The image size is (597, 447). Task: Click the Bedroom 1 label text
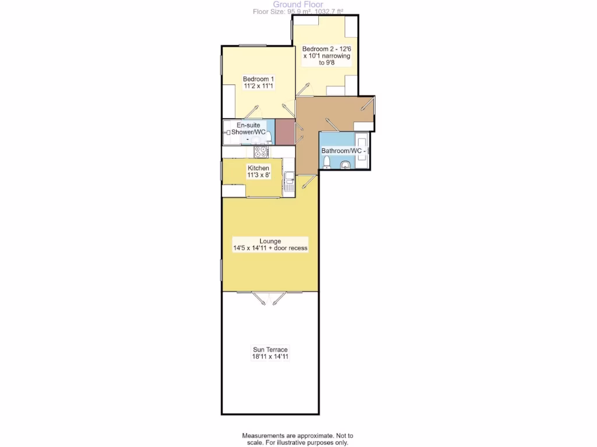258,82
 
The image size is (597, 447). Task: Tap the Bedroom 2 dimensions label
326,56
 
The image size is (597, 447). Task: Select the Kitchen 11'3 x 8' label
258,171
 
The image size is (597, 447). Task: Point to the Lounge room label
270,244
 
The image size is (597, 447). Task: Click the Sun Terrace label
270,353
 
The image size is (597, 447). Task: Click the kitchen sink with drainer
289,181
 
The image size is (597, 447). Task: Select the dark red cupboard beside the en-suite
283,132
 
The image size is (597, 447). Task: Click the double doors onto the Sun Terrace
270,297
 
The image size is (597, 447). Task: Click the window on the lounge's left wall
222,271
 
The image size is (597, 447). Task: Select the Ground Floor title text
298,4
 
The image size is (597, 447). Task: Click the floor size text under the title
298,11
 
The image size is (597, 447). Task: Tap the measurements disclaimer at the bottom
298,439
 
